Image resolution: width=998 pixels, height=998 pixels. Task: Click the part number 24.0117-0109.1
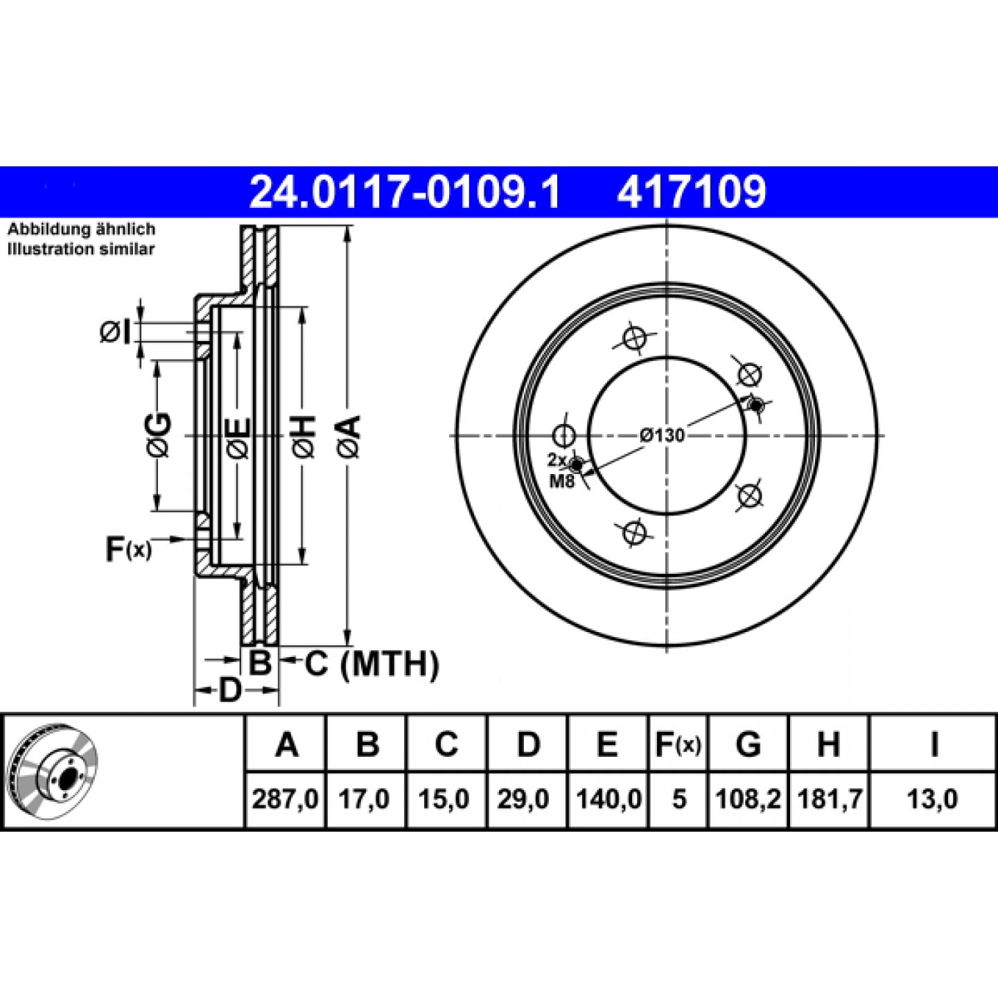point(405,192)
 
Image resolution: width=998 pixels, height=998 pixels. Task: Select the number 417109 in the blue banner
point(691,192)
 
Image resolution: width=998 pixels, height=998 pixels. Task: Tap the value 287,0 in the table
point(286,799)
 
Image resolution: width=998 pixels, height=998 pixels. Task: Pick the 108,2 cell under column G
point(748,799)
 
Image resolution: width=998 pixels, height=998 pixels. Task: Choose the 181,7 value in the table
point(830,799)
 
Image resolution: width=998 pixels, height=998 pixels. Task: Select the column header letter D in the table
point(527,744)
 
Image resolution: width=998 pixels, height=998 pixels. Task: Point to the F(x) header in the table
point(678,744)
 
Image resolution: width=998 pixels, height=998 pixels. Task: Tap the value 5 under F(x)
point(679,799)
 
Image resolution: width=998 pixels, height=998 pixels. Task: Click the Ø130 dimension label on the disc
point(662,435)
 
